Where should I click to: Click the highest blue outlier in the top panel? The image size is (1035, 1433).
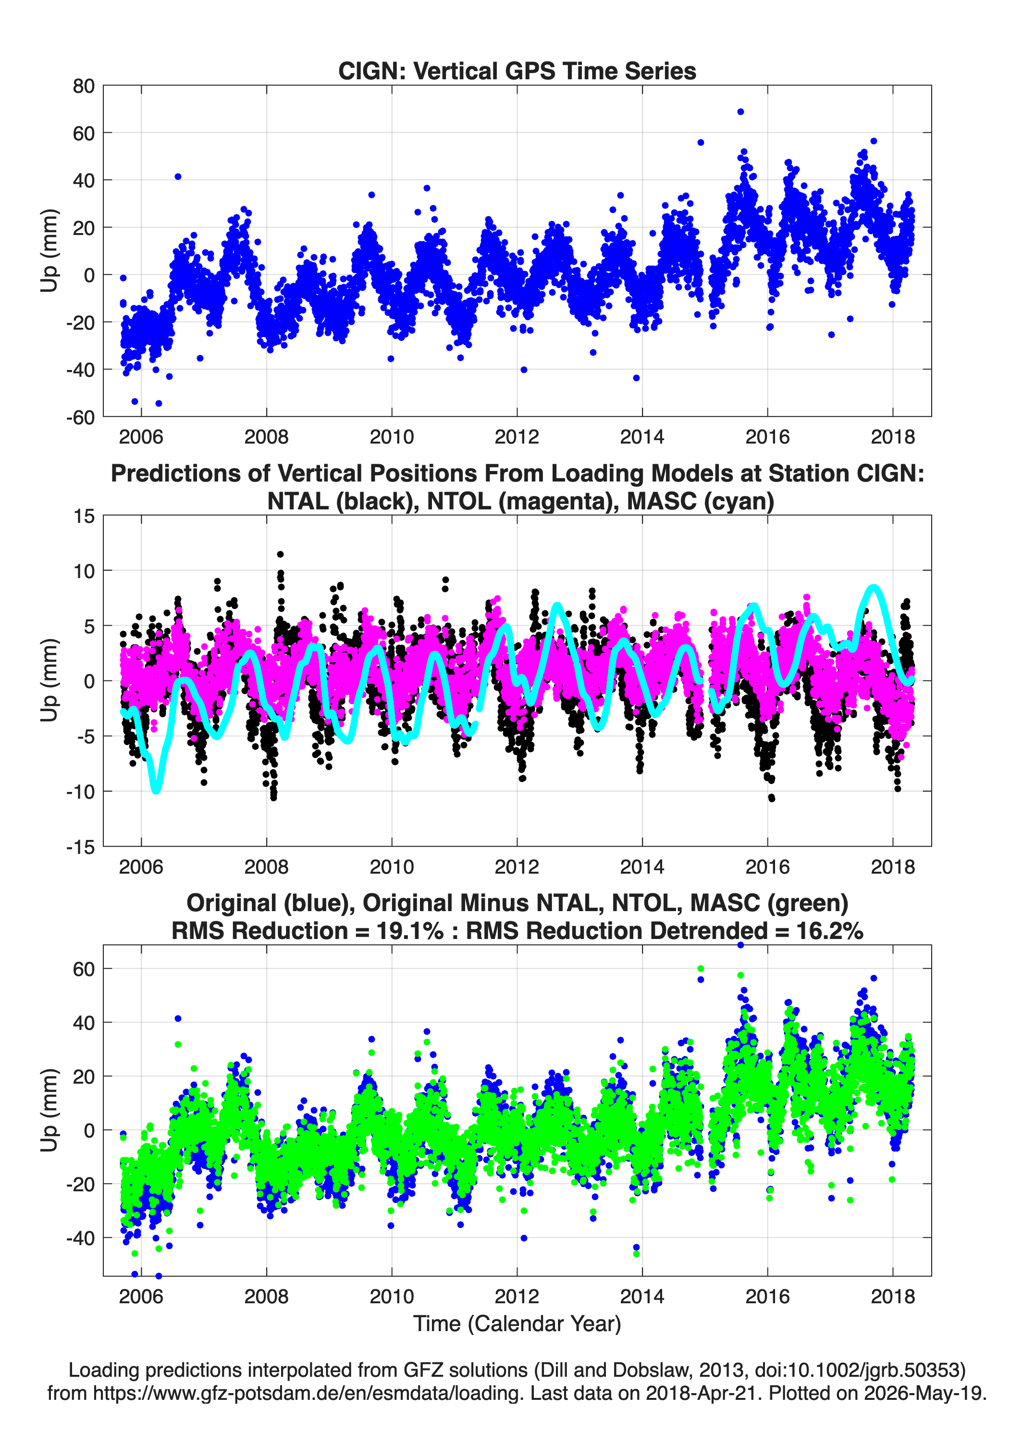[740, 112]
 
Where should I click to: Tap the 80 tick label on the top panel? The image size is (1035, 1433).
[84, 86]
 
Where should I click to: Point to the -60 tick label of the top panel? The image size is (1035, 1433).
[80, 417]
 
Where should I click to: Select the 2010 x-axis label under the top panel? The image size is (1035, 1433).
[392, 437]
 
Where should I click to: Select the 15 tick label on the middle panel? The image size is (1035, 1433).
[84, 516]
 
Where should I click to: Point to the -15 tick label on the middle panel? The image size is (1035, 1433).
[80, 847]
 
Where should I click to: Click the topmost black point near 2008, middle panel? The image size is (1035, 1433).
[281, 554]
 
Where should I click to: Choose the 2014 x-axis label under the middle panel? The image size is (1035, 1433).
[642, 867]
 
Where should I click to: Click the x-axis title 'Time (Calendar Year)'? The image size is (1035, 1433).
[517, 1324]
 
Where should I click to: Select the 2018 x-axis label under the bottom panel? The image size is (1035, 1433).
[893, 1297]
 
